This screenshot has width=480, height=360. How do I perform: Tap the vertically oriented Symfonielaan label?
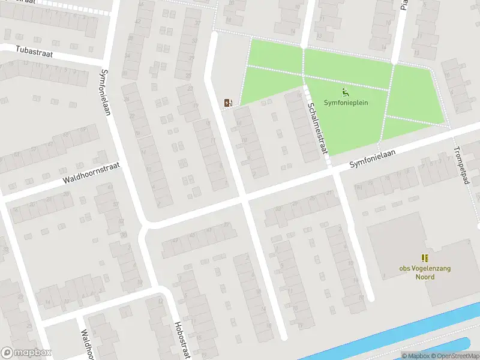[x=106, y=92]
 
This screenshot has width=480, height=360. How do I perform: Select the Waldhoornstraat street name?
[x=91, y=174]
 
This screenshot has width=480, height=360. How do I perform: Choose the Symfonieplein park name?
[x=346, y=103]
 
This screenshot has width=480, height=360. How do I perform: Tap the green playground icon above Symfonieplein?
[x=345, y=92]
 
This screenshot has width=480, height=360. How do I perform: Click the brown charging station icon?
[x=227, y=103]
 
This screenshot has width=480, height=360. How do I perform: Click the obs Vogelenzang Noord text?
[x=425, y=272]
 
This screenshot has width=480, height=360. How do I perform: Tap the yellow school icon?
[x=425, y=258]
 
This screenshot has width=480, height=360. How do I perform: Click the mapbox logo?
[x=26, y=353]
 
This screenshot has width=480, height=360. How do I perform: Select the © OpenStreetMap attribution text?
[x=454, y=356]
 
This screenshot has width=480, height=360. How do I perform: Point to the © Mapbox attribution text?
[x=414, y=356]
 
